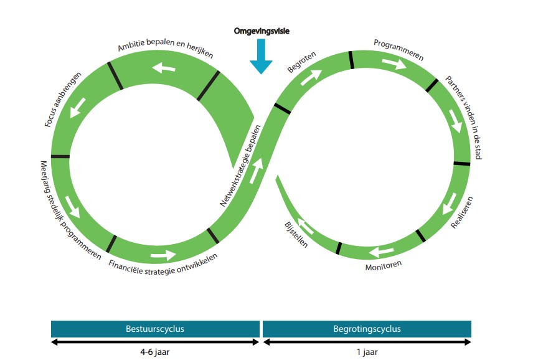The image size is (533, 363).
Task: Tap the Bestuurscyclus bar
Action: click(x=155, y=328)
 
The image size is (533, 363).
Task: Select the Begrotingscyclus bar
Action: click(x=367, y=328)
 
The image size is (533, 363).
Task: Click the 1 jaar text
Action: click(x=367, y=351)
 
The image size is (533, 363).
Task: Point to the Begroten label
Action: click(x=302, y=62)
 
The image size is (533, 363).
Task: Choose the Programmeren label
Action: click(x=399, y=50)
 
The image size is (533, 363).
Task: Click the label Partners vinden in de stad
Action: click(x=464, y=118)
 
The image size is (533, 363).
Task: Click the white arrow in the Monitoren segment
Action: click(x=380, y=252)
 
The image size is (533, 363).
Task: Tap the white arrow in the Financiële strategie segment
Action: click(x=163, y=254)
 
